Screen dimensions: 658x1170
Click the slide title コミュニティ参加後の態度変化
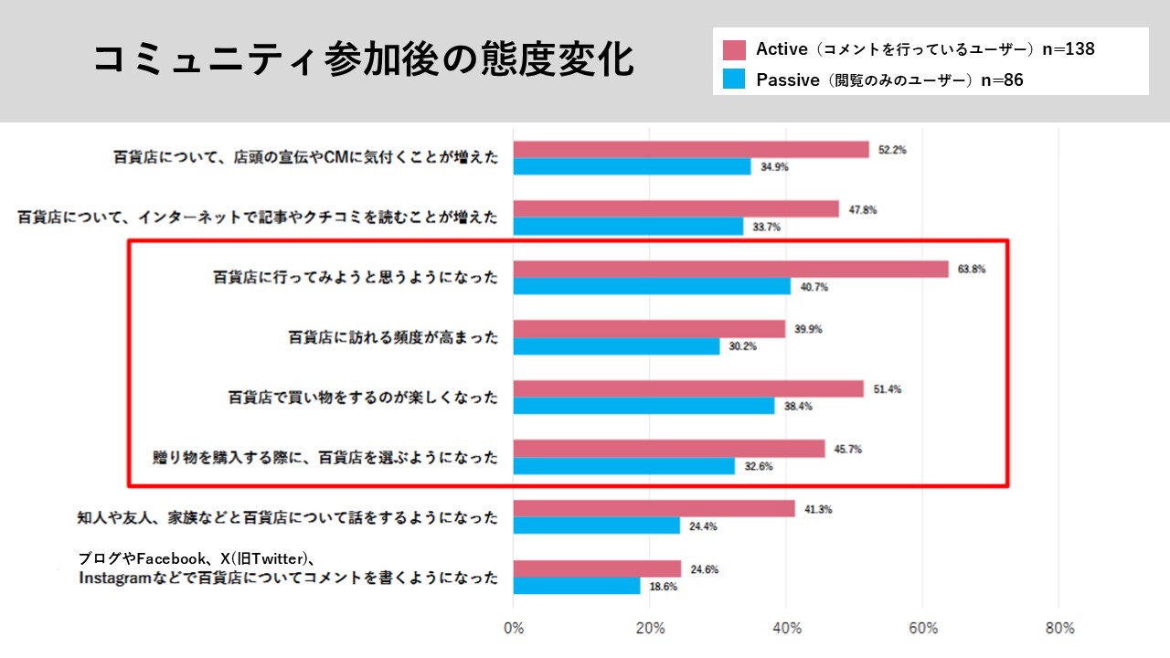coord(363,60)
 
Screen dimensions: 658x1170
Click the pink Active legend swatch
coord(734,49)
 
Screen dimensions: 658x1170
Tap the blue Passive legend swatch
coord(734,80)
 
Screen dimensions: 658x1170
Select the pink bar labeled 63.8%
coord(730,269)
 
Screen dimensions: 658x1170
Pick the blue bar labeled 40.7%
coord(652,286)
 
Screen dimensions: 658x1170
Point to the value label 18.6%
coord(663,588)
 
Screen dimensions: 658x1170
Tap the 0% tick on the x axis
coord(514,629)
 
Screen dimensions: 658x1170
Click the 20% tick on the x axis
coord(650,629)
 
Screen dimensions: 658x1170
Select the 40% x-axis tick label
coord(787,629)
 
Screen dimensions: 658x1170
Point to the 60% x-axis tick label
coord(923,629)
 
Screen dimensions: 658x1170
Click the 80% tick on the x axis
coord(1059,629)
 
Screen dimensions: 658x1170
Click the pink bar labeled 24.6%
coord(597,568)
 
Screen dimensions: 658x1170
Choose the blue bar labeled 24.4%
coord(597,525)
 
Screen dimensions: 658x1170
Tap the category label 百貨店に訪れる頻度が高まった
coord(394,337)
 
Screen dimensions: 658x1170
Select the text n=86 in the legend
coord(1002,80)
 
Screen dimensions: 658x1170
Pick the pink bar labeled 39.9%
coord(649,329)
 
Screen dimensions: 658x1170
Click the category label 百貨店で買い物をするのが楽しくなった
coord(363,398)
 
